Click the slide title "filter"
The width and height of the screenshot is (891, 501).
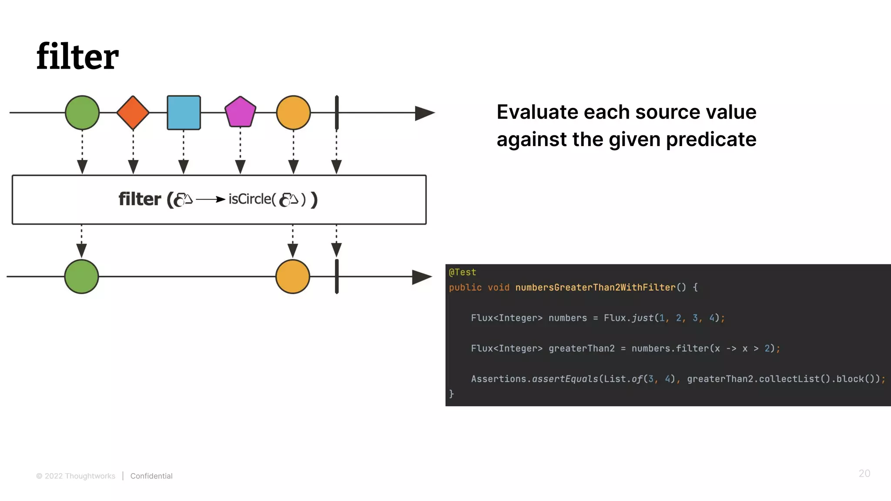77,57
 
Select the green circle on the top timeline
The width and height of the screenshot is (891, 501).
82,113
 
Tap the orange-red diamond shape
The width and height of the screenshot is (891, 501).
133,113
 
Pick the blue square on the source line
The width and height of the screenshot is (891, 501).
184,113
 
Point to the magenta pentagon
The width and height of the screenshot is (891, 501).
240,112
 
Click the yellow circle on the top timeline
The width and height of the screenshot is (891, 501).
293,113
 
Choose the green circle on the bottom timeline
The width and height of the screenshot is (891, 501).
82,277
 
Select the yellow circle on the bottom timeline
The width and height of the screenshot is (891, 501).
293,277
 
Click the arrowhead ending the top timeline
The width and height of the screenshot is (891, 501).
424,113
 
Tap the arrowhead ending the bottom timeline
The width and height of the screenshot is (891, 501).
421,277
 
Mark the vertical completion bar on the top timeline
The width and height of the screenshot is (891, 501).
337,113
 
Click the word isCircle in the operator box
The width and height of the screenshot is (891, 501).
250,199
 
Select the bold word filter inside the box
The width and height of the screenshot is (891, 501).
140,199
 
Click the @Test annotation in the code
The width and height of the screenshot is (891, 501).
462,272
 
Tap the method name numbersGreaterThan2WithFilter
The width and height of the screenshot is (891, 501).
595,287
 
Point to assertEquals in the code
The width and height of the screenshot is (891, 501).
565,379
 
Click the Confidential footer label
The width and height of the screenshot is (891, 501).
151,476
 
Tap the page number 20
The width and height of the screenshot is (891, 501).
864,474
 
